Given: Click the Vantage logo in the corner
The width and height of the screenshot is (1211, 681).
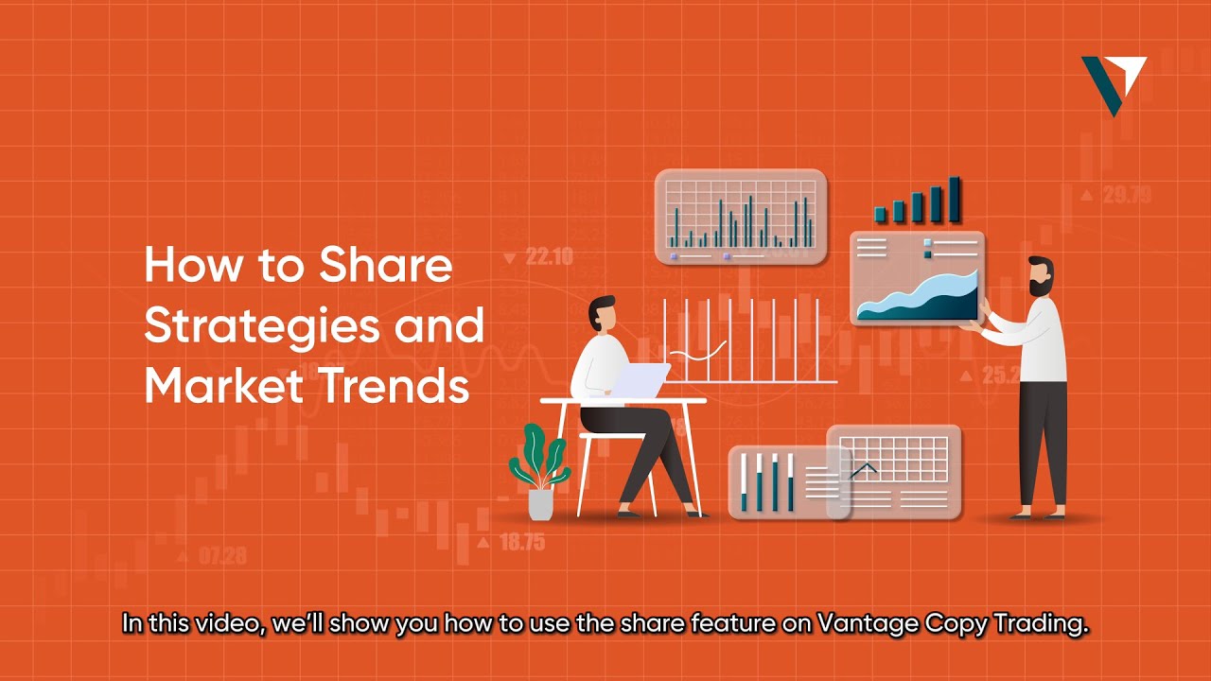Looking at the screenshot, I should click(x=1114, y=84).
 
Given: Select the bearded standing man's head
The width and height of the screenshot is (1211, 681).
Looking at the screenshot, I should click(x=1040, y=277).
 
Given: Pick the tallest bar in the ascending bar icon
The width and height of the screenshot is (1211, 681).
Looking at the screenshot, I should click(x=955, y=199).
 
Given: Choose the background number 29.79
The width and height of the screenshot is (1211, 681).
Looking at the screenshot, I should click(x=1126, y=196).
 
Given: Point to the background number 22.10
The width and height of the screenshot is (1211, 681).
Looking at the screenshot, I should click(x=549, y=256).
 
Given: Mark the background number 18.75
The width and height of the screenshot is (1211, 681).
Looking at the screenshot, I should click(x=521, y=542).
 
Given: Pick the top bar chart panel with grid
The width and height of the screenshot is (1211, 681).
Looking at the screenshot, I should click(x=741, y=217).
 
